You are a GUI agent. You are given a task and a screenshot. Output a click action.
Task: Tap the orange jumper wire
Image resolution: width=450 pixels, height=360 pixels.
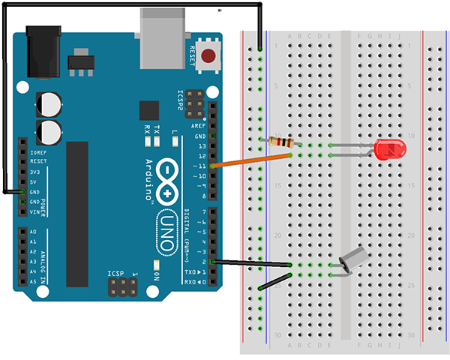pos(251,160)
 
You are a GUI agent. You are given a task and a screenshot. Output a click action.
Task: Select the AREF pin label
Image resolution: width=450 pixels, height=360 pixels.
pos(199,127)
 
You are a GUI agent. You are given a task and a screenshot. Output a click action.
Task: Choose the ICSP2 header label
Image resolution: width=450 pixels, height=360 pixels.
pos(180,100)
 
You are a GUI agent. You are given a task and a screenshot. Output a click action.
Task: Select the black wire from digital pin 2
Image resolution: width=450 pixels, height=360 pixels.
pos(251,262)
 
